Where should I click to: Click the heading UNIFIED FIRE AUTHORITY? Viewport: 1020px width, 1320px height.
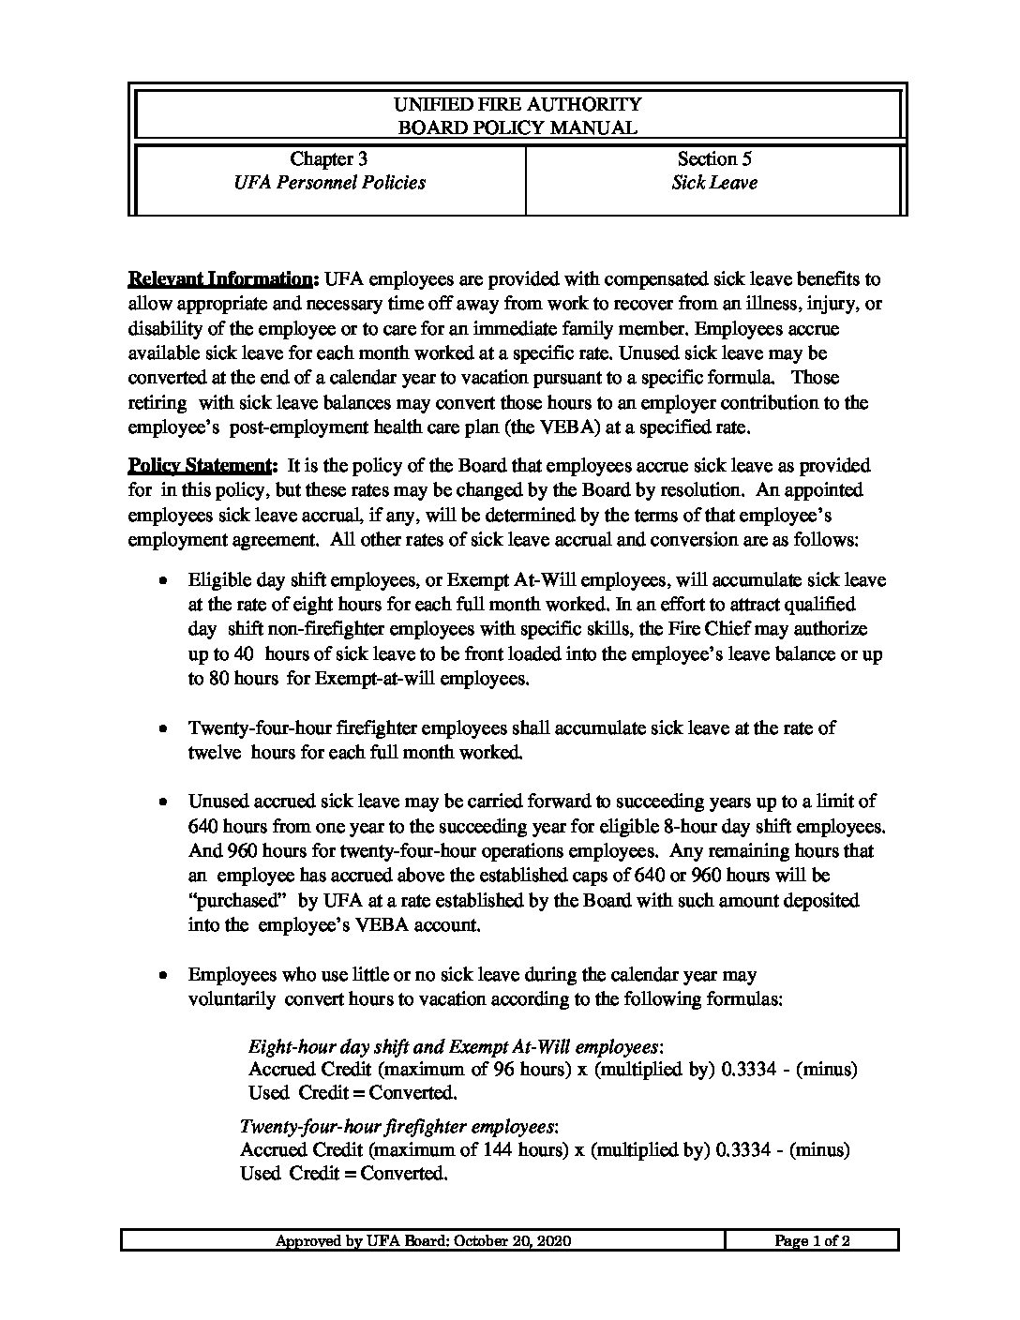click(x=517, y=104)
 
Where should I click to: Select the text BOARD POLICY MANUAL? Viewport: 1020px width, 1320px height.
click(x=517, y=128)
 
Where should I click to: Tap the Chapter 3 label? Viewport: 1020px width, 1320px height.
click(x=328, y=158)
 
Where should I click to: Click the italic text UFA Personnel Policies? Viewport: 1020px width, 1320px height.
click(x=328, y=183)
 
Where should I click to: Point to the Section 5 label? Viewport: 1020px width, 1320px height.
click(x=714, y=158)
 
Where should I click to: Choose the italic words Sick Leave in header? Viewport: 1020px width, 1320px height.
click(x=714, y=183)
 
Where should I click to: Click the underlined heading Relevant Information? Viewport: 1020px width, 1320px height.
click(x=221, y=279)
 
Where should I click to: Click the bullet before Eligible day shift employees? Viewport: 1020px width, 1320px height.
click(x=164, y=581)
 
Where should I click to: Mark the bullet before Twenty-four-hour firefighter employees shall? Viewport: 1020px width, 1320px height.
click(x=164, y=727)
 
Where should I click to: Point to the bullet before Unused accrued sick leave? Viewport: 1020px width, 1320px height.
click(x=164, y=802)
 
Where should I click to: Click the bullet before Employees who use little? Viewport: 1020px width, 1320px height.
click(x=164, y=975)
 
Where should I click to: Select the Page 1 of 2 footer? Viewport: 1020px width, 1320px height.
click(x=811, y=1241)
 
